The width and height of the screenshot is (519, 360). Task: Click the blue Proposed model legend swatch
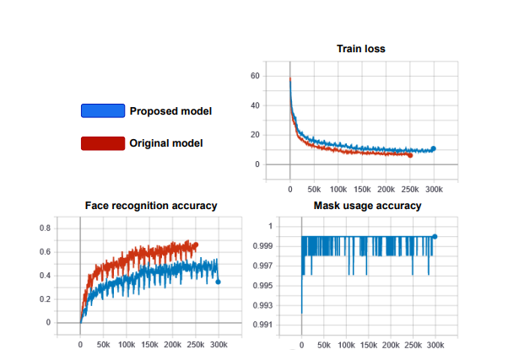(102, 110)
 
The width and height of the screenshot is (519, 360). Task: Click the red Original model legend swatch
(102, 142)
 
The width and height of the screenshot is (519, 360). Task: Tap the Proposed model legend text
(170, 111)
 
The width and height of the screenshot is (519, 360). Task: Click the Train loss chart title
(362, 48)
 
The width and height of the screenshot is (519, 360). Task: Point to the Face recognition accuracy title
(151, 205)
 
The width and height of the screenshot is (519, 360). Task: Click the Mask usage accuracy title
(367, 205)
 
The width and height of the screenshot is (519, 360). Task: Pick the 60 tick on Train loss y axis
(278, 76)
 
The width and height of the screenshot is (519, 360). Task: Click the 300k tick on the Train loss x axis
(435, 189)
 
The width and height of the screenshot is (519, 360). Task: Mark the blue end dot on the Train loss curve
(434, 148)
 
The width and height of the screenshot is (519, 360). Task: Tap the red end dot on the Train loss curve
(410, 155)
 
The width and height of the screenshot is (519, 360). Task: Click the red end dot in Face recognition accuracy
(196, 245)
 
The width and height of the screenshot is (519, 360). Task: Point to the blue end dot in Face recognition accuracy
(219, 282)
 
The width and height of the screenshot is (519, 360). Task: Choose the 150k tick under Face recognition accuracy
(149, 345)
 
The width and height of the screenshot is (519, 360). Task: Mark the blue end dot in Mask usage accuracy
(435, 237)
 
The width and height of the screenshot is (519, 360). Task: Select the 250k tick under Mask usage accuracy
(413, 345)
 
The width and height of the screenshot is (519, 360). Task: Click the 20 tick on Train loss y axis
(278, 135)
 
